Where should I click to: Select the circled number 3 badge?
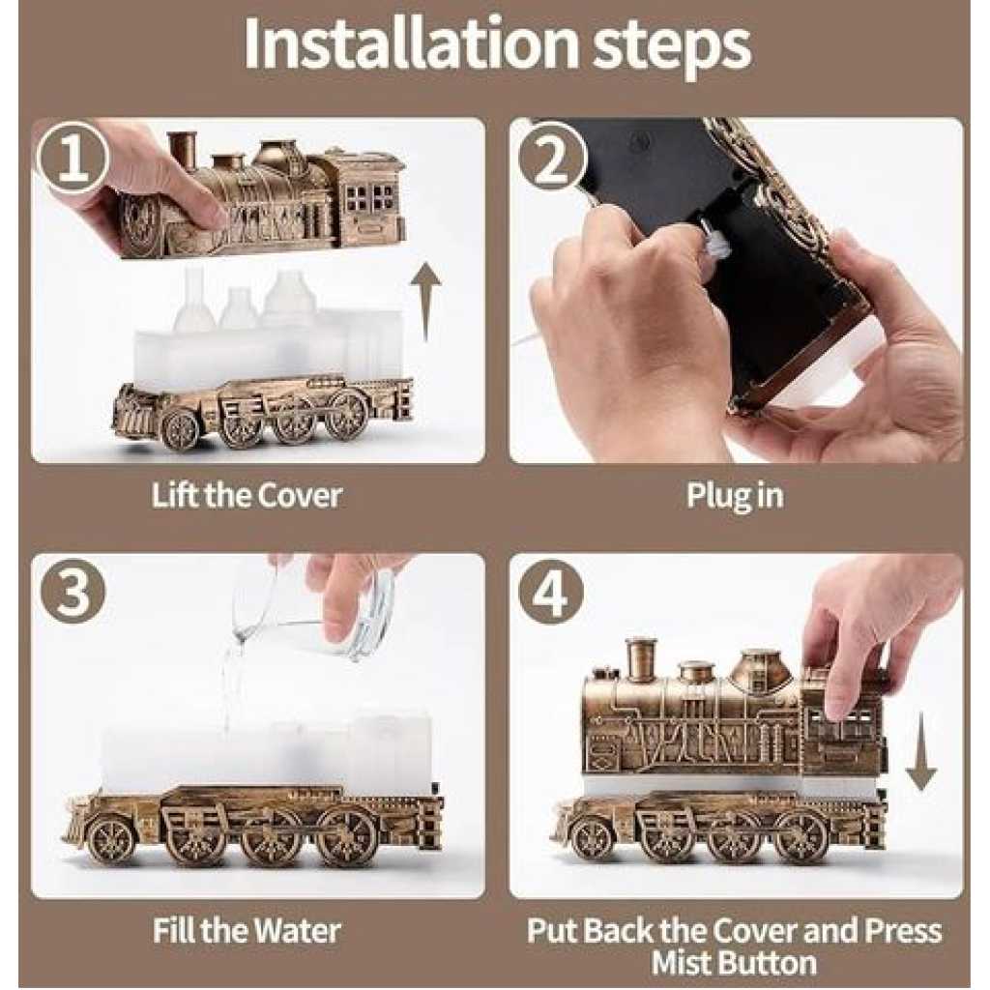tap(72, 594)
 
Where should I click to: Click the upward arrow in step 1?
tap(426, 302)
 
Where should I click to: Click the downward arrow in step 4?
tap(921, 750)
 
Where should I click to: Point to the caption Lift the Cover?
tap(247, 496)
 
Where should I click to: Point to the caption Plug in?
tap(735, 497)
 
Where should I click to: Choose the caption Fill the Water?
tap(247, 931)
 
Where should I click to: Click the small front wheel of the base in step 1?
tap(180, 428)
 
